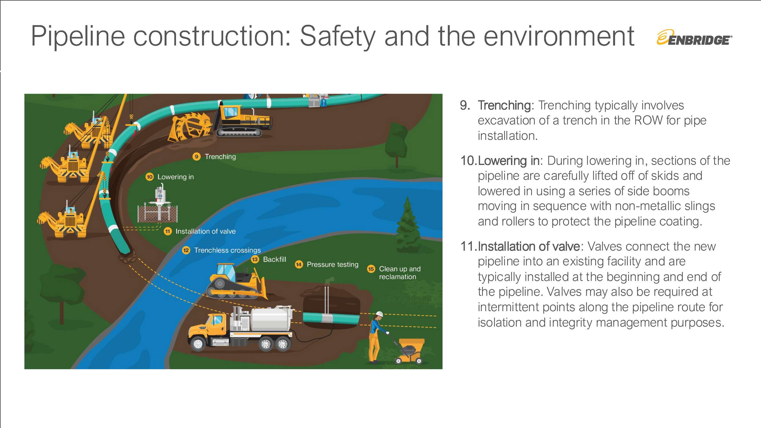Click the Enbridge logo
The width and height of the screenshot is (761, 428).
coord(694,38)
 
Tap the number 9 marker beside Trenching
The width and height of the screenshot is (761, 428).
coord(196,157)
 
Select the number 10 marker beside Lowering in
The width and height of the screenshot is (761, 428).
coord(150,177)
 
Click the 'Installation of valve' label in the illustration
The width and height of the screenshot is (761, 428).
coord(205,231)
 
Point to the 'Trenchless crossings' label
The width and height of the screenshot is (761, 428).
coord(227,250)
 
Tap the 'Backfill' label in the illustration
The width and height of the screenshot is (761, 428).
coord(274,259)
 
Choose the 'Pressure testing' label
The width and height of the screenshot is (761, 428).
coord(332,265)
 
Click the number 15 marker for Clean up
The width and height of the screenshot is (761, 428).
coord(371,269)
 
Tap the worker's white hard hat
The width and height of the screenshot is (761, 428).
coord(379,314)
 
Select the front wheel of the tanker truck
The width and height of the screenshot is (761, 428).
coord(198,344)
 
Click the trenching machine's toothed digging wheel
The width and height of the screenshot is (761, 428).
coord(190,126)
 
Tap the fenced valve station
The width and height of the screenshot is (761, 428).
coord(158,205)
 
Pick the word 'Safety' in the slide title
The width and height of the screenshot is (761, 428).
coord(338,36)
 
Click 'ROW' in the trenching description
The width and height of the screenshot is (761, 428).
coord(648,120)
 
